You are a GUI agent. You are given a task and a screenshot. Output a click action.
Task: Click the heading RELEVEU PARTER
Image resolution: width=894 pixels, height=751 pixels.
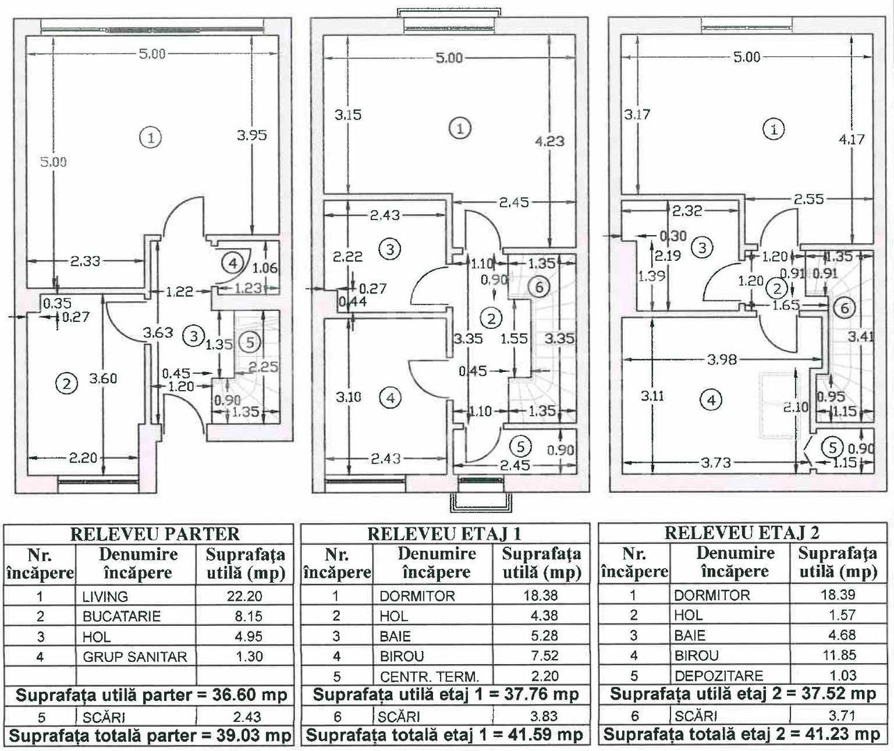pyautogui.click(x=154, y=534)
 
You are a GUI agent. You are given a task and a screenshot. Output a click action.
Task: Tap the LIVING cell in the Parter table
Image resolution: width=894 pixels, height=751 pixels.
pyautogui.click(x=105, y=597)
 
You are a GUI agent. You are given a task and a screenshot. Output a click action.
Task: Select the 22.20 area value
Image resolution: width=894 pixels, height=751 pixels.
pyautogui.click(x=245, y=596)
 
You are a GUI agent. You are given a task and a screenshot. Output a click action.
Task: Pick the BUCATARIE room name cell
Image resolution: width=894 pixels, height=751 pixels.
pyautogui.click(x=122, y=616)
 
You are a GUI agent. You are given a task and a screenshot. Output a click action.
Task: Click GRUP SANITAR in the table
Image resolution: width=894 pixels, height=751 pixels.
pyautogui.click(x=135, y=656)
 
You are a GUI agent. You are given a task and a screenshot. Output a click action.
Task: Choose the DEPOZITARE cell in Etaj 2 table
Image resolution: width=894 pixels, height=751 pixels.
pyautogui.click(x=719, y=676)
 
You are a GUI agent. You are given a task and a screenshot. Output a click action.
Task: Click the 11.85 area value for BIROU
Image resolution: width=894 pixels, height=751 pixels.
pyautogui.click(x=842, y=655)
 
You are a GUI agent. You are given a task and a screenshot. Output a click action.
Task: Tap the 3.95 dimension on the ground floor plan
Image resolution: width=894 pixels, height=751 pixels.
pyautogui.click(x=252, y=136)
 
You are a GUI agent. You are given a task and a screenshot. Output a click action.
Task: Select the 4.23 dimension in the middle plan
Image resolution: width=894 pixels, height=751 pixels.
pyautogui.click(x=550, y=141)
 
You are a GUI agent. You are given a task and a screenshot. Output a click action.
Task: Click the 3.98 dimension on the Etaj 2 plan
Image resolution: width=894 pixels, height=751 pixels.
pyautogui.click(x=722, y=359)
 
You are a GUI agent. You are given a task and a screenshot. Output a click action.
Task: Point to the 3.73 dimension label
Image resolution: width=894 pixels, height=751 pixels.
pyautogui.click(x=716, y=462)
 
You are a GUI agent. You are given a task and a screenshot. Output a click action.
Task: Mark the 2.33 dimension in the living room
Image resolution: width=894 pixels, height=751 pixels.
pyautogui.click(x=85, y=261)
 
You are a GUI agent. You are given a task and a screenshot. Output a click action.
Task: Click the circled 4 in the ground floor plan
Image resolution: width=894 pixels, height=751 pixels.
pyautogui.click(x=232, y=263)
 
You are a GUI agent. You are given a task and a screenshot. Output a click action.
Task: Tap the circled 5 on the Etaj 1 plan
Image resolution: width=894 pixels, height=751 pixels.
pyautogui.click(x=520, y=447)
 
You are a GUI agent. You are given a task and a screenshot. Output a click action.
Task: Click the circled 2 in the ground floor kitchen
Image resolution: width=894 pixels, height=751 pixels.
pyautogui.click(x=66, y=383)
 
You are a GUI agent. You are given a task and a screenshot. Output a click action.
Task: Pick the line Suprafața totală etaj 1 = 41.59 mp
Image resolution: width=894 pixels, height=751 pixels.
pyautogui.click(x=444, y=735)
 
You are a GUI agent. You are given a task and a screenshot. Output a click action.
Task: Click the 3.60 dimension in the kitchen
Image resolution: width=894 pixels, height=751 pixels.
pyautogui.click(x=103, y=378)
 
